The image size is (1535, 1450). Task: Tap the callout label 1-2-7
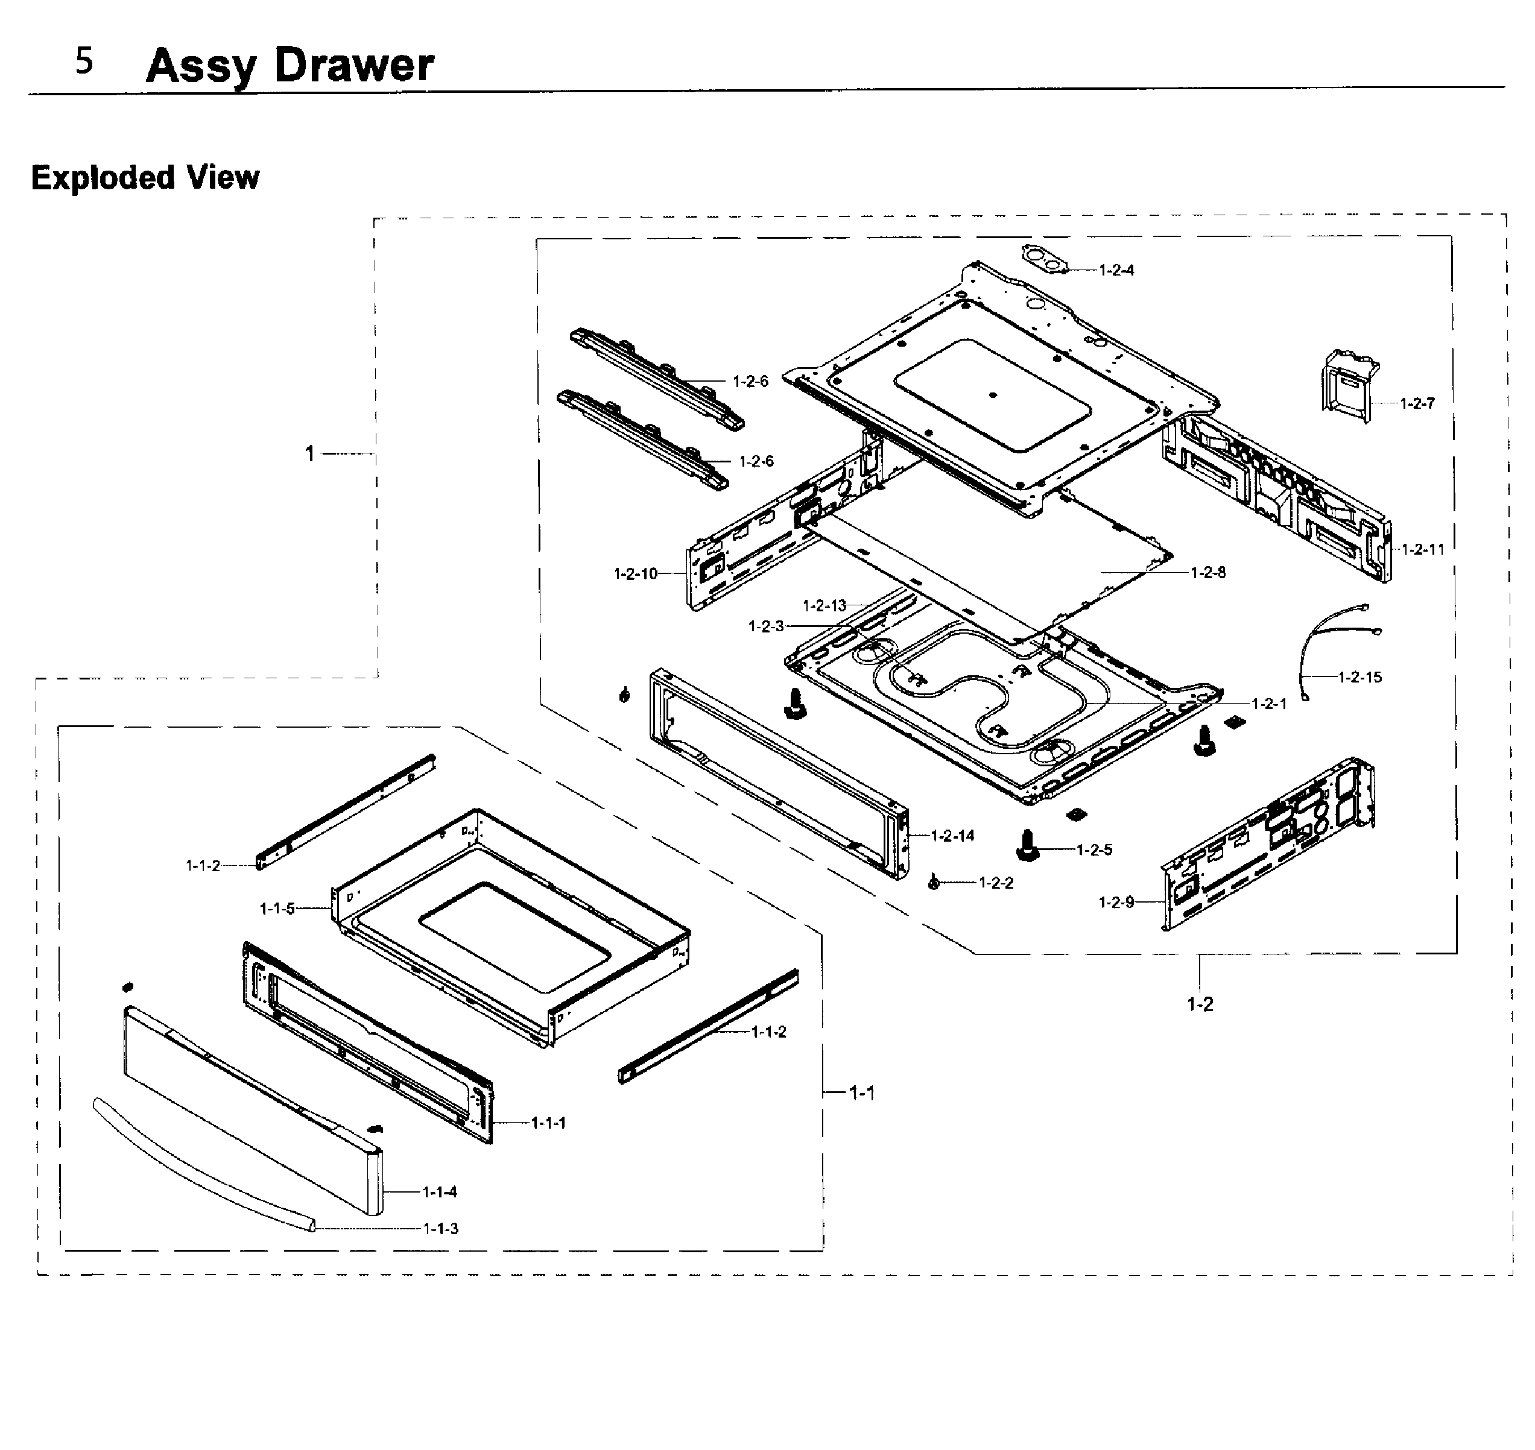coord(1417,403)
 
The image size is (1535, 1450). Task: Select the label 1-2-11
coord(1423,549)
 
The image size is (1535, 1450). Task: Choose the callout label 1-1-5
coord(277,909)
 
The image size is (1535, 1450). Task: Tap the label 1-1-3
coord(440,1229)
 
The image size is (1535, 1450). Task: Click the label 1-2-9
coord(1116,903)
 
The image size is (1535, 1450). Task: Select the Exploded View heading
coord(145,178)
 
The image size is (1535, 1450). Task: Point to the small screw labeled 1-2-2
coord(934,883)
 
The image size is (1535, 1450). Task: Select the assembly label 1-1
coord(861,1093)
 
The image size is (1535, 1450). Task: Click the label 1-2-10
coord(635,573)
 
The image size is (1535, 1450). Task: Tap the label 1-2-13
coord(824,606)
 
